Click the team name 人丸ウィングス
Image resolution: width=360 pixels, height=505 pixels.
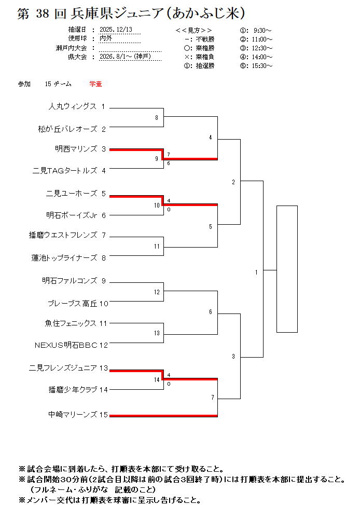pos(73,106)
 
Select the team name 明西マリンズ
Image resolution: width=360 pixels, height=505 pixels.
pos(76,149)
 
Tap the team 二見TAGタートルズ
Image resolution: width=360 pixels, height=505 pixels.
pos(65,170)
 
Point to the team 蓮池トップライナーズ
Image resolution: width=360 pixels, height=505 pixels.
pos(64,257)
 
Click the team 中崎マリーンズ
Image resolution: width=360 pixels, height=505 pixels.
pos(73,415)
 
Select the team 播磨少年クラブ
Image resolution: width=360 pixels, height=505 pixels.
pos(73,389)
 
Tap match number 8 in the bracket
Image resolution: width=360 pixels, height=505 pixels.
pos(157,118)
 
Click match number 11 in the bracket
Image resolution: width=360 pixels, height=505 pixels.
pos(157,247)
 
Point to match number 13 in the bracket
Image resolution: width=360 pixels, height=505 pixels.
pos(157,333)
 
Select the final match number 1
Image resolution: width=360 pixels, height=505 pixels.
pos(256,272)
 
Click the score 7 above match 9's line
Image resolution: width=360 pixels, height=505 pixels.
pos(169,155)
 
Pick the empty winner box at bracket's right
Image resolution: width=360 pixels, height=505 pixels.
pos(287,269)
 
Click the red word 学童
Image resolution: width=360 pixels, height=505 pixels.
pos(95,84)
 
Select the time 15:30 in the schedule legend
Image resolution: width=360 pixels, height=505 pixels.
pos(263,66)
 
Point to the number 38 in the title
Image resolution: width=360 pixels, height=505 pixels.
pos(41,14)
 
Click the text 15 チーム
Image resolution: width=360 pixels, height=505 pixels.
pos(58,84)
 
